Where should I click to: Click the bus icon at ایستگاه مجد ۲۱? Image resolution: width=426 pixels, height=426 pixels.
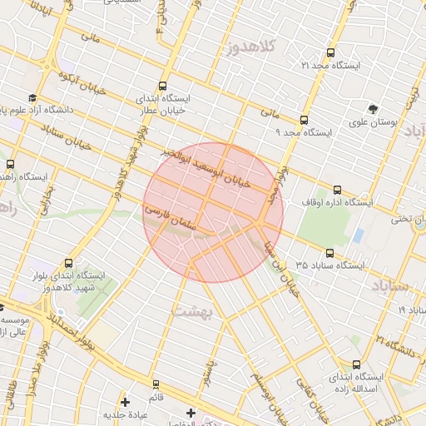tap(330, 52)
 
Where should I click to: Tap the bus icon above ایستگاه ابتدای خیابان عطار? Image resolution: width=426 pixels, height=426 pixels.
tap(161, 86)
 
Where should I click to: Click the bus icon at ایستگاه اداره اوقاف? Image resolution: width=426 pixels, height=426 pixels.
tap(337, 190)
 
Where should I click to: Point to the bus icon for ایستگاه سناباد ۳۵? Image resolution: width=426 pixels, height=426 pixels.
tap(329, 253)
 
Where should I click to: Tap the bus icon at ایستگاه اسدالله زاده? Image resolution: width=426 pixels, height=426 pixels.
tap(357, 364)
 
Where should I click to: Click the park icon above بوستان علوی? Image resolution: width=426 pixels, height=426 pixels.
tap(372, 108)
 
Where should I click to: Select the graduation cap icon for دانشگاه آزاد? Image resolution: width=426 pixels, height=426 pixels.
tap(32, 97)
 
